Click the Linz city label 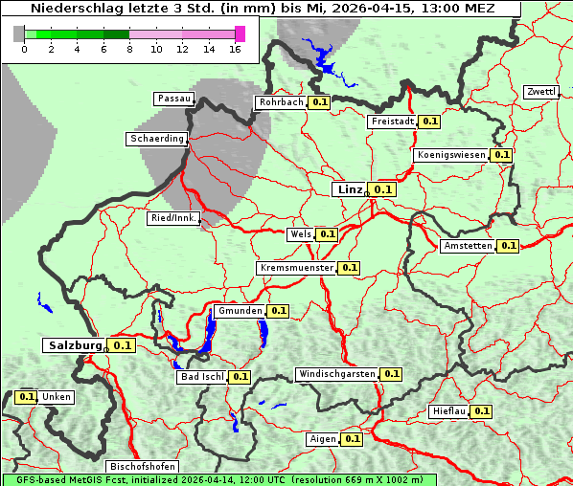point(349,189)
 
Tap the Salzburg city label point(74,345)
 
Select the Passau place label point(173,99)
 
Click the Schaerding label point(156,139)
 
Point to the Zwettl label point(540,92)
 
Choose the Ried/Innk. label point(173,218)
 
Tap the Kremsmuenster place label point(296,268)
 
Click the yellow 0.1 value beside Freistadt point(430,121)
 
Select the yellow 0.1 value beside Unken point(27,397)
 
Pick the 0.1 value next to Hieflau point(482,411)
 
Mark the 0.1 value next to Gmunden point(278,311)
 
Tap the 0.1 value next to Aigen point(352,439)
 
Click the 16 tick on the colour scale point(236,49)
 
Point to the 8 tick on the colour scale point(129,49)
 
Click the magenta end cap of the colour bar point(241,33)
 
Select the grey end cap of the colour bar point(19,33)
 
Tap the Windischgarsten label point(336,374)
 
